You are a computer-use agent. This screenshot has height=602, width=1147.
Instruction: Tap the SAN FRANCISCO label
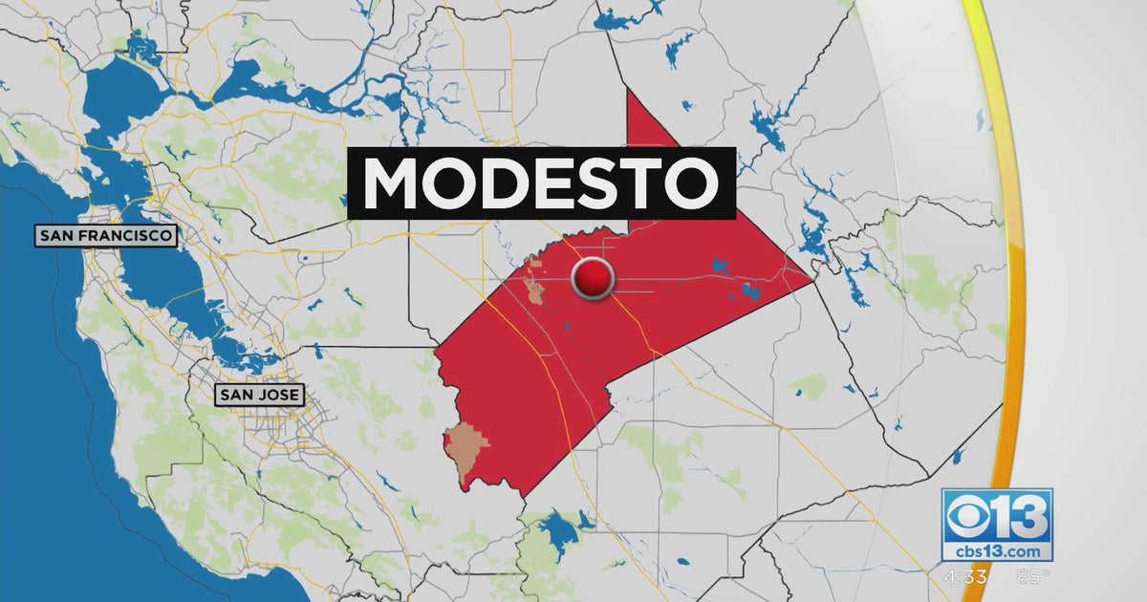pyautogui.click(x=106, y=235)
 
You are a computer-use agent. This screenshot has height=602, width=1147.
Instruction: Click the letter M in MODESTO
pyautogui.click(x=393, y=183)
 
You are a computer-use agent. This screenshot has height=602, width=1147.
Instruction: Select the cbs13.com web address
pyautogui.click(x=997, y=551)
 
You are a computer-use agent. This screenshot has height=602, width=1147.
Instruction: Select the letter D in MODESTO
pyautogui.click(x=494, y=183)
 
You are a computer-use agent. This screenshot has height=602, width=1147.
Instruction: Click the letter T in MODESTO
pyautogui.click(x=635, y=183)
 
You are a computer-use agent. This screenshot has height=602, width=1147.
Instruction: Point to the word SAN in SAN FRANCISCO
pyautogui.click(x=55, y=235)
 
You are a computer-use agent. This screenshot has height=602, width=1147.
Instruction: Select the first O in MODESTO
pyautogui.click(x=445, y=183)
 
